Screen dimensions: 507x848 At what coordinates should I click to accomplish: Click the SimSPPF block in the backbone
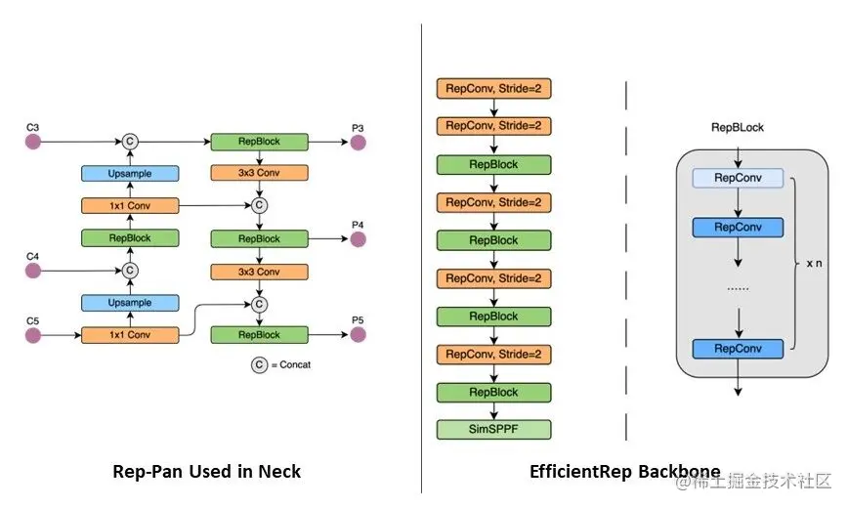[x=493, y=430]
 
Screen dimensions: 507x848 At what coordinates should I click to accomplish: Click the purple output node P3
[x=358, y=143]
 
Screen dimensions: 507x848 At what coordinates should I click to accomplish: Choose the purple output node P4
[x=358, y=238]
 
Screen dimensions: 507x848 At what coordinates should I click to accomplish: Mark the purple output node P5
[x=358, y=335]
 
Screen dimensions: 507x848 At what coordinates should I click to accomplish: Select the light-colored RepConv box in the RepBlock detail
[x=738, y=178]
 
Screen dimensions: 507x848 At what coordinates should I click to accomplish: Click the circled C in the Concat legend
[x=259, y=365]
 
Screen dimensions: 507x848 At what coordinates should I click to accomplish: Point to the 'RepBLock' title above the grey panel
[x=738, y=128]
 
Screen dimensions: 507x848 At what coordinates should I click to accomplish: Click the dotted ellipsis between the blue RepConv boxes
[x=738, y=289]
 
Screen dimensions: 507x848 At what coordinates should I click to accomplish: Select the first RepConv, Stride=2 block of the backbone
[x=493, y=89]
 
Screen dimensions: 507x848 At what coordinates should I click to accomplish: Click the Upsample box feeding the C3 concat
[x=129, y=174]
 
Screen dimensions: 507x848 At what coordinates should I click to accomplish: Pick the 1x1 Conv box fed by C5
[x=129, y=335]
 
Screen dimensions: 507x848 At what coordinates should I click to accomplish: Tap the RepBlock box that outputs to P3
[x=259, y=143]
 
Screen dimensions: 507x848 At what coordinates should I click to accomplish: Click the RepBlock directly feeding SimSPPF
[x=493, y=392]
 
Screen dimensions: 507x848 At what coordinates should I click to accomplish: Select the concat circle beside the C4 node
[x=129, y=271]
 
